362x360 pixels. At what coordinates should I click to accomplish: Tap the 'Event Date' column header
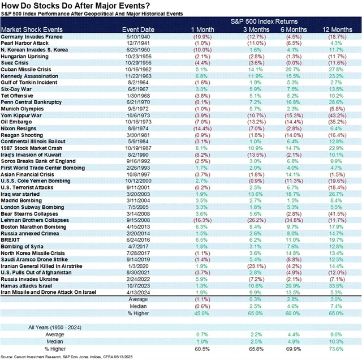click(x=137, y=29)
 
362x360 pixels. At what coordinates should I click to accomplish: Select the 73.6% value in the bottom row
click(x=335, y=349)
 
